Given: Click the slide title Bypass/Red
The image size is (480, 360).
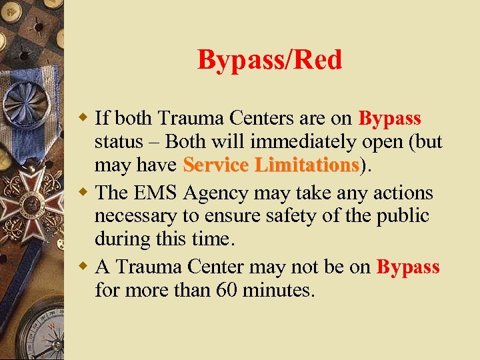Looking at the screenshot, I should click(x=269, y=60).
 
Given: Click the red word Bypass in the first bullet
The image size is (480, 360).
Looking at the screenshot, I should click(x=390, y=119).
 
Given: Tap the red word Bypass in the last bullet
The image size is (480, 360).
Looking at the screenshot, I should click(x=408, y=267).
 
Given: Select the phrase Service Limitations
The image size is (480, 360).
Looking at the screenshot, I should click(x=271, y=165).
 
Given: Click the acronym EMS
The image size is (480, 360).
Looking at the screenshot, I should click(x=161, y=193).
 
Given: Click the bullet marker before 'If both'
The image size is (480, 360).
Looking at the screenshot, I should click(x=84, y=119).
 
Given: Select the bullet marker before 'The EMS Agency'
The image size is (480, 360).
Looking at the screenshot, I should click(x=84, y=193).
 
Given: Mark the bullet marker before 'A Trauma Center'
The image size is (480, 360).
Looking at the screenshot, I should click(x=84, y=267).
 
